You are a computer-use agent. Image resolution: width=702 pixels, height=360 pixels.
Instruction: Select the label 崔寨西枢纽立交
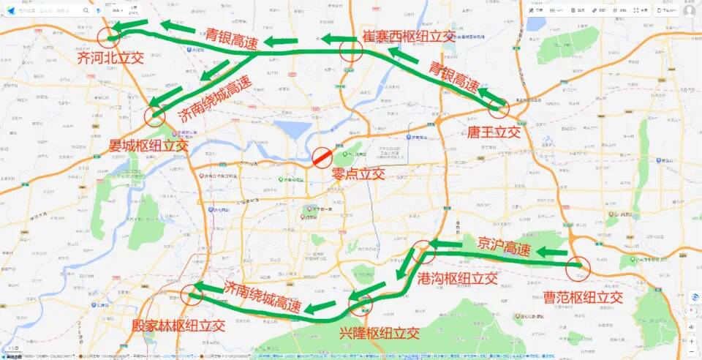(408, 37)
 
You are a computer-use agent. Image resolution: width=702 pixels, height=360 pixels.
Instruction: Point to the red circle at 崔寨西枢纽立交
(352, 50)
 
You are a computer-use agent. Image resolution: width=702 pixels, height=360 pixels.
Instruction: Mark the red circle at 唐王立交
(498, 108)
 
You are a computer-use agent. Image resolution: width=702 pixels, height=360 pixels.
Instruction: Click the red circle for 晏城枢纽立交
(155, 116)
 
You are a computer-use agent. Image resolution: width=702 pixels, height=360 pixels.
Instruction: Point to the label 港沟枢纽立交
(457, 278)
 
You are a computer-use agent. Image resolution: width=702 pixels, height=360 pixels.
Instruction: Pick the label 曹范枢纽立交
(582, 297)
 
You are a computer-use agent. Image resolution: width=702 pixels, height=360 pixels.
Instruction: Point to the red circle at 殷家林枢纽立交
(192, 294)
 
